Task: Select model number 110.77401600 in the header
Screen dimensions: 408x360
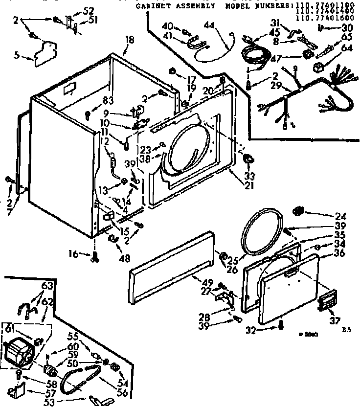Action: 319,19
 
